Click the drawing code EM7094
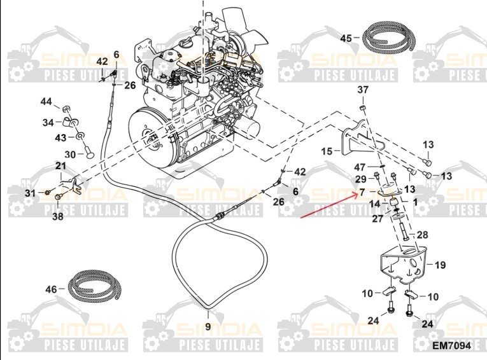[451, 346]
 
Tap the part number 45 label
[346, 38]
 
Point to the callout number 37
[362, 90]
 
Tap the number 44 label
[46, 102]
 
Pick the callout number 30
[70, 153]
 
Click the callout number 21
[60, 166]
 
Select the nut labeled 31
[48, 192]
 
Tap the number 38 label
[58, 216]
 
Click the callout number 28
[423, 235]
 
